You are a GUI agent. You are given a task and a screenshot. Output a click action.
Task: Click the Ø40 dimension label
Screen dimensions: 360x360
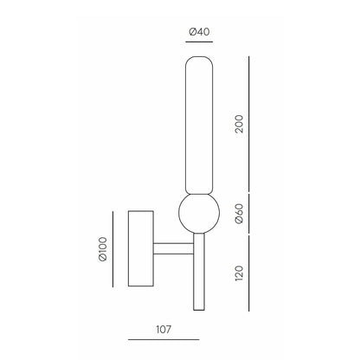[199, 31]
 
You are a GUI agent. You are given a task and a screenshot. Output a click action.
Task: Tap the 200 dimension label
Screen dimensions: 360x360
[239, 124]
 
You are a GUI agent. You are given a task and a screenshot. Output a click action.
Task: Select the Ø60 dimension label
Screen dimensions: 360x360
[239, 214]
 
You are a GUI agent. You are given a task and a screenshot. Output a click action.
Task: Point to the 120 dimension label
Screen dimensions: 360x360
[239, 273]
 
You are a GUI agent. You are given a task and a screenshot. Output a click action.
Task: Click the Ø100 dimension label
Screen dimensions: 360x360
[103, 249]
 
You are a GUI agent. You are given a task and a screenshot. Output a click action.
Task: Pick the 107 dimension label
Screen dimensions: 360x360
[164, 329]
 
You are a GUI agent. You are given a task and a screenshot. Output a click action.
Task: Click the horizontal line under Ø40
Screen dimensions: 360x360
[199, 42]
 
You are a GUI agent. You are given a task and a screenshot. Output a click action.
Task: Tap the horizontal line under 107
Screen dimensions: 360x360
[164, 339]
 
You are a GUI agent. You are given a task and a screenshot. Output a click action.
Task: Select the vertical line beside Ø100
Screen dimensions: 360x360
[112, 249]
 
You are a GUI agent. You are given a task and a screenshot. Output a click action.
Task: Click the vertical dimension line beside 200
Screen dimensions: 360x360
[249, 124]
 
